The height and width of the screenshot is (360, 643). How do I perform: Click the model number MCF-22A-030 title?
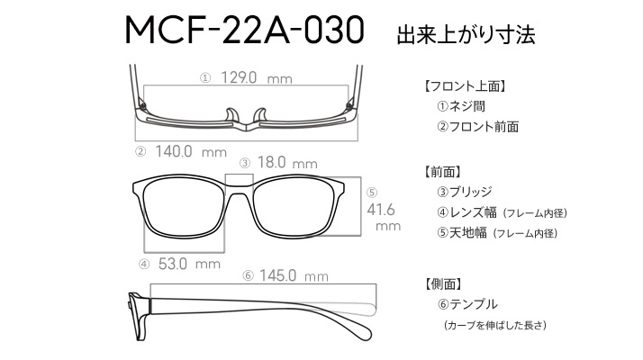click(x=244, y=30)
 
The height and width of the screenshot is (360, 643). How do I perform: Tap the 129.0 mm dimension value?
click(x=257, y=77)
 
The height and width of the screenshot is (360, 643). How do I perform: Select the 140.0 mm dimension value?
click(x=191, y=152)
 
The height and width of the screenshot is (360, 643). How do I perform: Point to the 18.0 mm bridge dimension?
click(x=287, y=162)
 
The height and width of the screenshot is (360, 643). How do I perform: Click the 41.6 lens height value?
click(x=381, y=210)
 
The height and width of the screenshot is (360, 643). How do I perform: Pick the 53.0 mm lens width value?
click(x=189, y=264)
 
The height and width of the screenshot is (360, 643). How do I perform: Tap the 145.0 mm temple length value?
click(x=294, y=275)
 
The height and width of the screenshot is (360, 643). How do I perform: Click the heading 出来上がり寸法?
click(x=466, y=34)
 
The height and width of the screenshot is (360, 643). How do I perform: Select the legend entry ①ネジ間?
click(x=461, y=106)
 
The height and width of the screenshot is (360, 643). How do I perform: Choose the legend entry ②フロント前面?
click(x=477, y=127)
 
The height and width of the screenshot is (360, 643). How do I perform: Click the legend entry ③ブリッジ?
click(x=464, y=192)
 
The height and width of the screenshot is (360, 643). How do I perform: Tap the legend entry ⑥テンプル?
click(x=467, y=304)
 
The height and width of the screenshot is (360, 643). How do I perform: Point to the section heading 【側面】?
click(x=443, y=283)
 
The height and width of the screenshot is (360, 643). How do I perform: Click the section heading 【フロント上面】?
click(x=465, y=86)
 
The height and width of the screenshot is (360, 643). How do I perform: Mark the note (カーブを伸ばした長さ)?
click(x=495, y=325)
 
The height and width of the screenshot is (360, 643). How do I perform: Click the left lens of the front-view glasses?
click(x=183, y=209)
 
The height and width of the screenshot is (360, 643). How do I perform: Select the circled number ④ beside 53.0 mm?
click(x=144, y=265)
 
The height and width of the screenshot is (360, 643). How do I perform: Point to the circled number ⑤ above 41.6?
click(x=372, y=193)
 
